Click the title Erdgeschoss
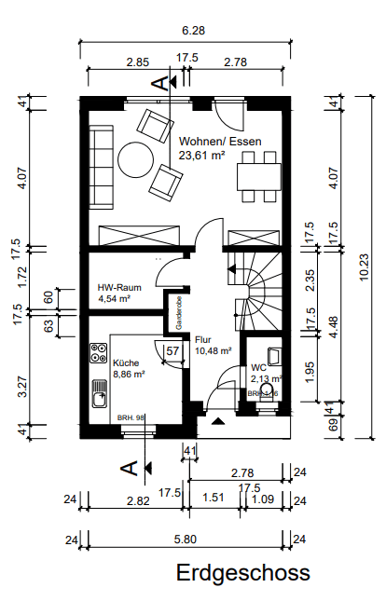(242, 573)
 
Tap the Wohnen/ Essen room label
(220, 143)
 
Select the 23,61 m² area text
(201, 157)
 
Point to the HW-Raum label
(118, 288)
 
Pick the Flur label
(204, 339)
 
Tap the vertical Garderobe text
(174, 312)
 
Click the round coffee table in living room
(137, 158)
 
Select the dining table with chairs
(259, 175)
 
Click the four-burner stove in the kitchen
(99, 352)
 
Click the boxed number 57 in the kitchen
(172, 351)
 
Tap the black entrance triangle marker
(218, 421)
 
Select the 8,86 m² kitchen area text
(129, 374)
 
